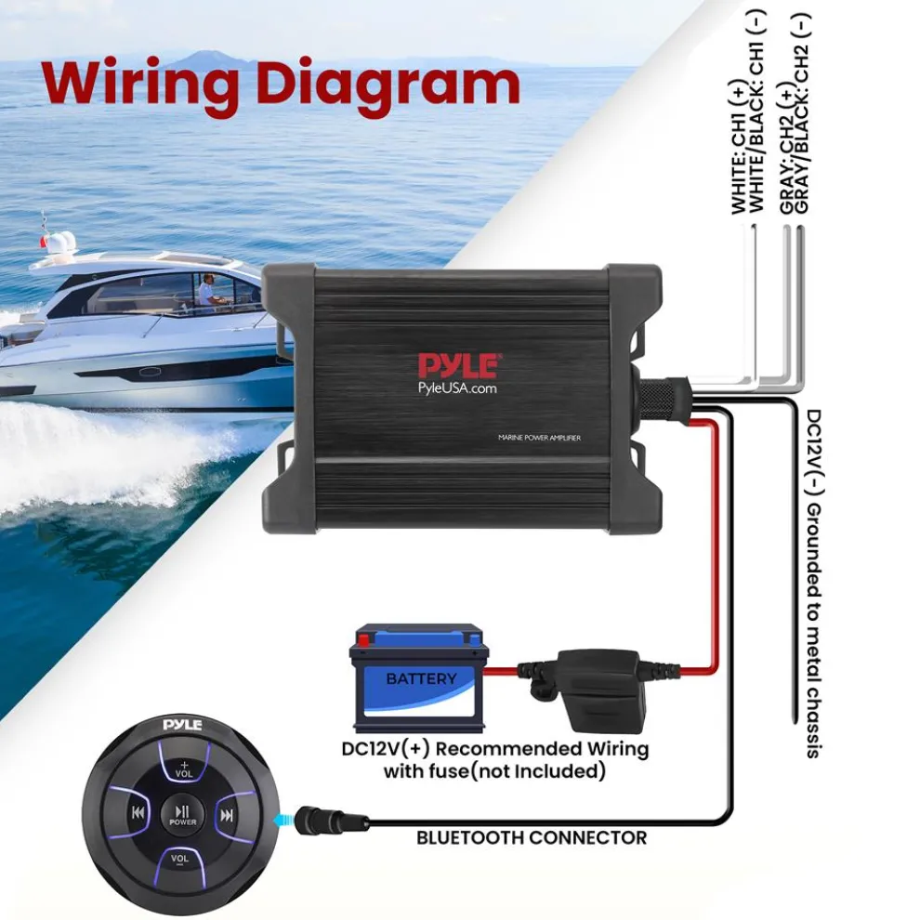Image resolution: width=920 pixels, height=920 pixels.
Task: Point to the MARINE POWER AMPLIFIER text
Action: click(539, 439)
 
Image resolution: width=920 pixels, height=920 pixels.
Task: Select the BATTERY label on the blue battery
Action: click(421, 679)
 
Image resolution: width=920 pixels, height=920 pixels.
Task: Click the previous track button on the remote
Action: click(138, 815)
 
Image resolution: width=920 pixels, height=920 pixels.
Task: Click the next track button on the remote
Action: click(226, 815)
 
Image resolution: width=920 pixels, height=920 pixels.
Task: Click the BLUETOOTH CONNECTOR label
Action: click(531, 838)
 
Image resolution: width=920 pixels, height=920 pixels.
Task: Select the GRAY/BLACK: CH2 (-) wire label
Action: click(805, 116)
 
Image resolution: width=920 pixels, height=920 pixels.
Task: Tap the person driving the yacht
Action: click(206, 290)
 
